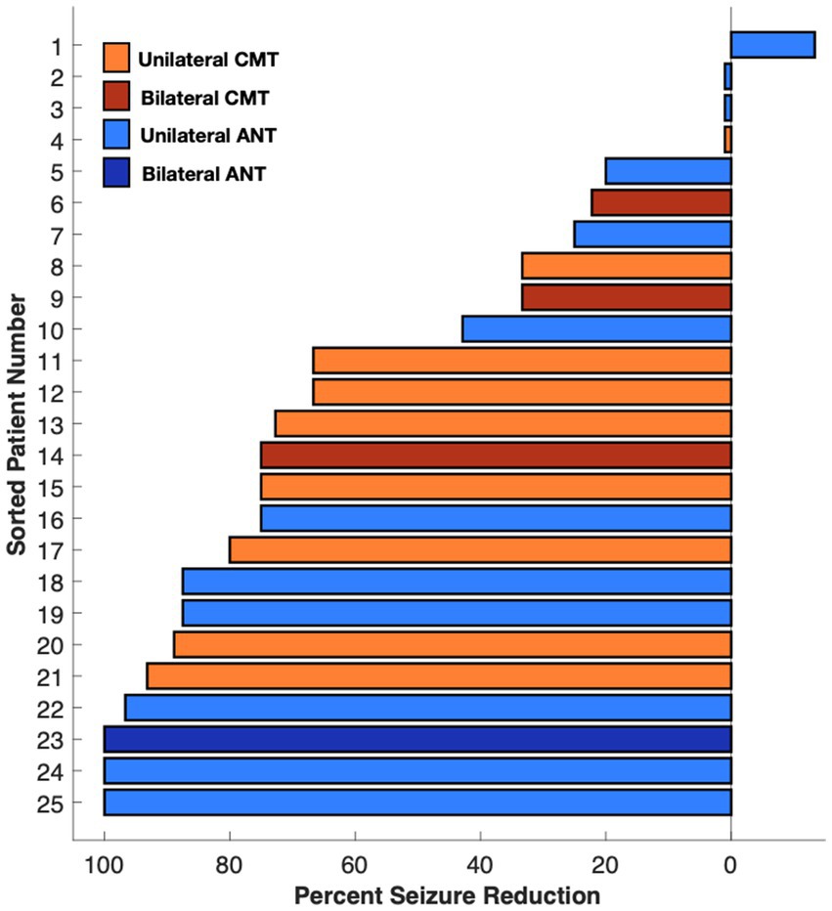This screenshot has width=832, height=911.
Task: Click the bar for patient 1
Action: point(772,45)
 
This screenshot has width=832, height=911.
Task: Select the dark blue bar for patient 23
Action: point(417,739)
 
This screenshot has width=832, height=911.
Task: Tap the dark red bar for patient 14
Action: point(496,455)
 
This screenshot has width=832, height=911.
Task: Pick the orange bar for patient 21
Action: point(439,675)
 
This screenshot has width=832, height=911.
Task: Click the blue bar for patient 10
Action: point(596,328)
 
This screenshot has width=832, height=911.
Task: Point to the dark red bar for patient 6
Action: point(661,202)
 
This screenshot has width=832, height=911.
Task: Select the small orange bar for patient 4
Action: point(727,140)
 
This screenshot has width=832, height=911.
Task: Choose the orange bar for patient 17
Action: point(480,549)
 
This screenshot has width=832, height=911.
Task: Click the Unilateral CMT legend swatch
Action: point(116,58)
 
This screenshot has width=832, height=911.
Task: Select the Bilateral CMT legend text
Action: point(203,98)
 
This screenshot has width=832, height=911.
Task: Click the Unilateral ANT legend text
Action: point(202,135)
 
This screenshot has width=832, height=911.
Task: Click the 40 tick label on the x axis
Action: point(480,864)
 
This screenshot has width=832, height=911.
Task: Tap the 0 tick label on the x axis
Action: point(730,864)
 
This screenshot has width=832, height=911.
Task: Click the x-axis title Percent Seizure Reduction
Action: point(446,894)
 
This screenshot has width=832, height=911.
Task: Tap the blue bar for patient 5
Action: point(669,171)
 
